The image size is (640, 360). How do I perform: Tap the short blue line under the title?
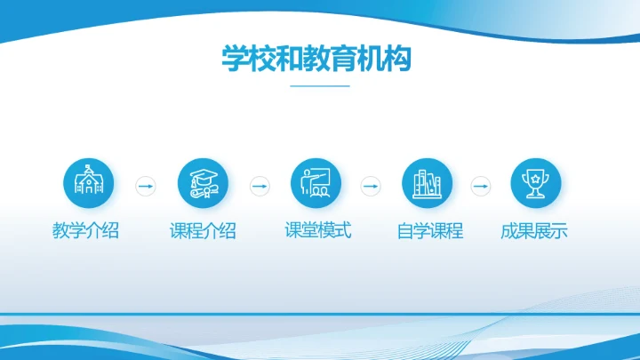click(x=320, y=86)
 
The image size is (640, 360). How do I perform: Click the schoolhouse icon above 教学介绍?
click(x=88, y=185)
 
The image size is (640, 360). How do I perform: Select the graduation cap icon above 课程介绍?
click(x=204, y=185)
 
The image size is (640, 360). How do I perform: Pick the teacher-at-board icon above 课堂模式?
click(x=316, y=185)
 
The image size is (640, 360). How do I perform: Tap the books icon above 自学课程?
click(x=428, y=185)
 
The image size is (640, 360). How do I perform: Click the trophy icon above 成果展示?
click(x=535, y=185)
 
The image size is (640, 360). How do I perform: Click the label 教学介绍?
click(x=85, y=231)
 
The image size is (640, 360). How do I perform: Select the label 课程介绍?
click(x=203, y=231)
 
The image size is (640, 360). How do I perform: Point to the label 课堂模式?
click(x=317, y=230)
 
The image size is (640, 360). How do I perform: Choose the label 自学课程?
click(x=429, y=231)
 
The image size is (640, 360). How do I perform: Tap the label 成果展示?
click(x=534, y=231)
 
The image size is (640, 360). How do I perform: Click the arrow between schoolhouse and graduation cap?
click(x=145, y=186)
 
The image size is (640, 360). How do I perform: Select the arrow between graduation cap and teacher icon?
click(x=260, y=186)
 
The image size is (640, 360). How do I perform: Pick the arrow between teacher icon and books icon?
click(x=371, y=186)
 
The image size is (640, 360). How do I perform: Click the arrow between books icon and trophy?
click(x=480, y=186)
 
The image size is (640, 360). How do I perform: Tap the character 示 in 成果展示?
click(x=559, y=231)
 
